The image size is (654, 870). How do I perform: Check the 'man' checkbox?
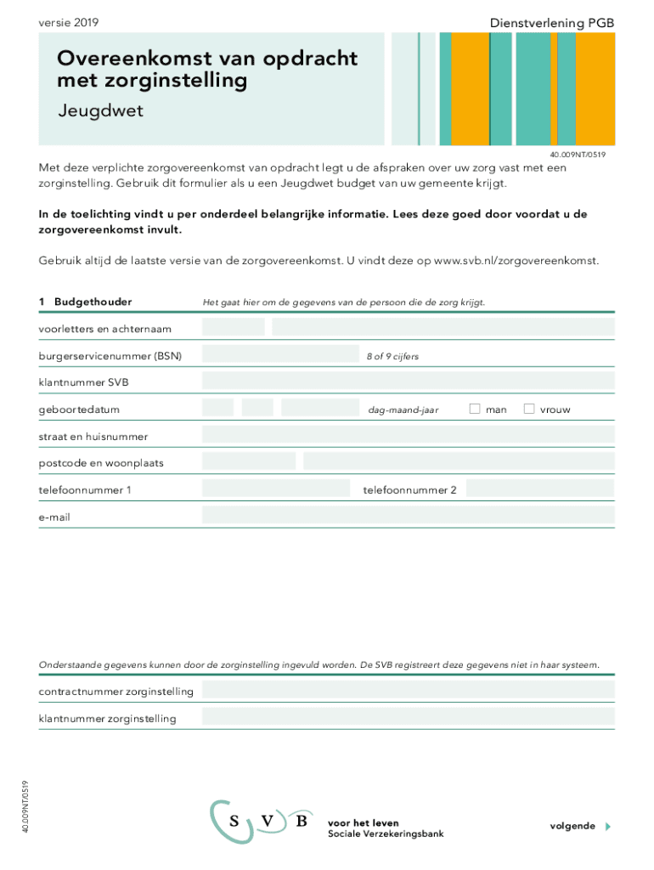pyautogui.click(x=475, y=409)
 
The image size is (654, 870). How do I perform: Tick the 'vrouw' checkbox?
pyautogui.click(x=529, y=409)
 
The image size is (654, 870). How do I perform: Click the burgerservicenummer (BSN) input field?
pyautogui.click(x=280, y=354)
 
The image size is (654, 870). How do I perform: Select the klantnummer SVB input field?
pyautogui.click(x=408, y=381)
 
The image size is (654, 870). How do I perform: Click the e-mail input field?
pyautogui.click(x=408, y=516)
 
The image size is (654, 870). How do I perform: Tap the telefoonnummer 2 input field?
pyautogui.click(x=540, y=489)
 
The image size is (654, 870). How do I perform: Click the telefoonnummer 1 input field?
pyautogui.click(x=276, y=489)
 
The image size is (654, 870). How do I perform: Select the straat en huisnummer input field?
pyautogui.click(x=408, y=436)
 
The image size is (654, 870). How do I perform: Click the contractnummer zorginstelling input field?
pyautogui.click(x=408, y=690)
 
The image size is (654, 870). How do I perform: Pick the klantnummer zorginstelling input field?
pyautogui.click(x=408, y=718)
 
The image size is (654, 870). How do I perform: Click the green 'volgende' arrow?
pyautogui.click(x=607, y=826)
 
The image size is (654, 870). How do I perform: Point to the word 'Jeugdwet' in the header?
pyautogui.click(x=100, y=111)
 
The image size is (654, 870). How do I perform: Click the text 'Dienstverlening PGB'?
pyautogui.click(x=551, y=23)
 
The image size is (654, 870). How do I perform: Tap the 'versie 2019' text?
pyautogui.click(x=68, y=23)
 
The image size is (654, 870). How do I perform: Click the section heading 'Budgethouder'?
pyautogui.click(x=93, y=302)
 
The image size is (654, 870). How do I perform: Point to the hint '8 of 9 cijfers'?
pyautogui.click(x=392, y=356)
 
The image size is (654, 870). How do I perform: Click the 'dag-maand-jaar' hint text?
pyautogui.click(x=403, y=410)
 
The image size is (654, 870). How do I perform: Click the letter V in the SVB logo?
pyautogui.click(x=268, y=821)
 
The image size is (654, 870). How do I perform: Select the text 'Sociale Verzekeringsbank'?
pyautogui.click(x=386, y=833)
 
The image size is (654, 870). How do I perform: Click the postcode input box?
pyautogui.click(x=249, y=461)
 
